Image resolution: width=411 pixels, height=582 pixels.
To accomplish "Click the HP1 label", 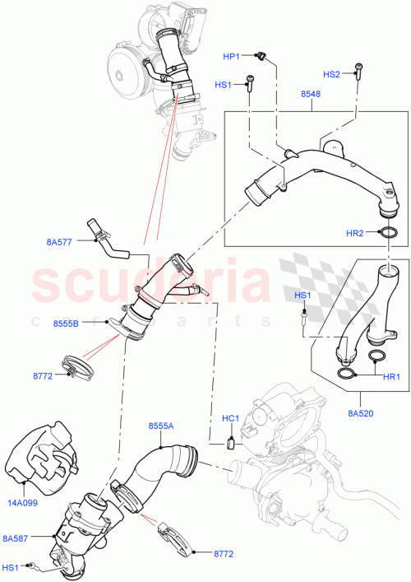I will pyautogui.click(x=231, y=56).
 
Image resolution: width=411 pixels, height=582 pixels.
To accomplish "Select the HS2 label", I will pyautogui.click(x=332, y=74).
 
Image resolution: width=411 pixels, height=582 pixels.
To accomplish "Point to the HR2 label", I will pyautogui.click(x=354, y=234).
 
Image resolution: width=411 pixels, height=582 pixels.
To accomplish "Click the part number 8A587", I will pyautogui.click(x=16, y=538).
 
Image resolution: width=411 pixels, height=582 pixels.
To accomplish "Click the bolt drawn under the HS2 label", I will pyautogui.click(x=358, y=69).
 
